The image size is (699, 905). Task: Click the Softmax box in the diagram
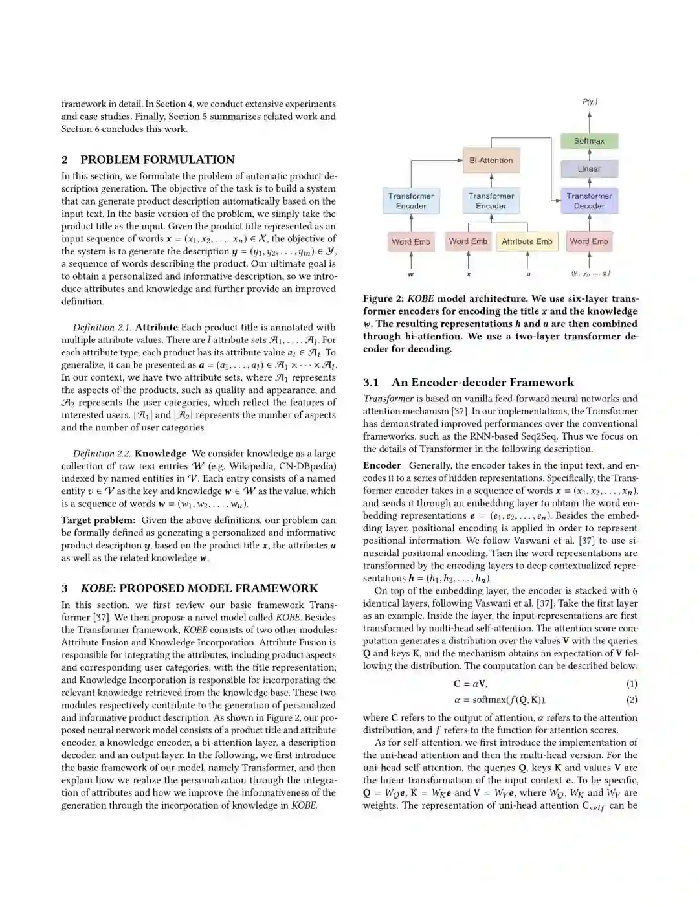[589, 141]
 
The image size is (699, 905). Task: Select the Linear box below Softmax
[589, 169]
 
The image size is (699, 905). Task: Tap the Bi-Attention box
[491, 161]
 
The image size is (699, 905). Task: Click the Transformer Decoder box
[589, 201]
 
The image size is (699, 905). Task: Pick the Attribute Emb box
[527, 241]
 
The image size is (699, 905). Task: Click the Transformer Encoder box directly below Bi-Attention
[491, 201]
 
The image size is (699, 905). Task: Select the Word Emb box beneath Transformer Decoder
[588, 241]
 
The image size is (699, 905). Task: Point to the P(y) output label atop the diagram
[590, 102]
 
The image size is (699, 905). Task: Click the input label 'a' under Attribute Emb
[528, 274]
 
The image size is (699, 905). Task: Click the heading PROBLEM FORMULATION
[157, 160]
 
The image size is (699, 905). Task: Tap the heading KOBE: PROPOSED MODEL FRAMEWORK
[199, 588]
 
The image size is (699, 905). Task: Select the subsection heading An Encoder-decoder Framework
[482, 383]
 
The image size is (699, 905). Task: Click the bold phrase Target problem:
[98, 520]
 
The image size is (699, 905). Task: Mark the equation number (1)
[632, 684]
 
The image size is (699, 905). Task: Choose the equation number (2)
[632, 700]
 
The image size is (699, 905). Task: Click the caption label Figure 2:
[386, 299]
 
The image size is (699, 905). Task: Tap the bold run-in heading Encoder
[382, 465]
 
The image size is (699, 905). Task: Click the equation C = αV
[471, 684]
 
